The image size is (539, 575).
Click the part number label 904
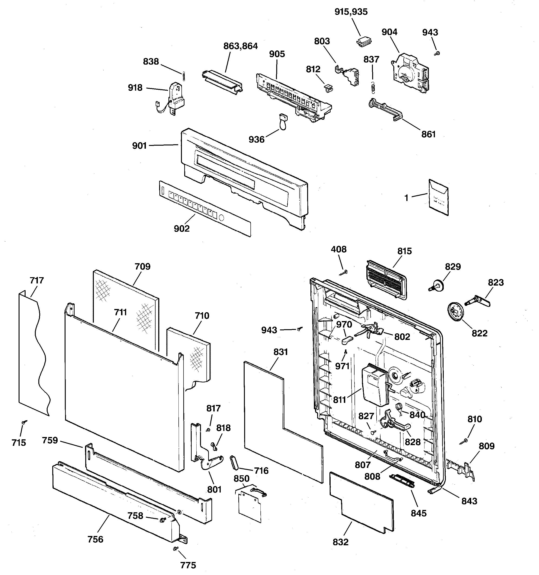[x=389, y=32]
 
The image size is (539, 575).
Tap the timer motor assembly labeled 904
[x=409, y=73]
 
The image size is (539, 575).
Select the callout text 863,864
[x=240, y=46]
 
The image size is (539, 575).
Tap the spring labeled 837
[x=373, y=88]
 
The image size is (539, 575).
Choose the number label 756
[x=95, y=539]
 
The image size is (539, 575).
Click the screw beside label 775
[x=175, y=549]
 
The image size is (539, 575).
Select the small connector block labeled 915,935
[x=364, y=42]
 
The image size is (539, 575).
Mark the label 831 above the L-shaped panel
[x=280, y=352]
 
